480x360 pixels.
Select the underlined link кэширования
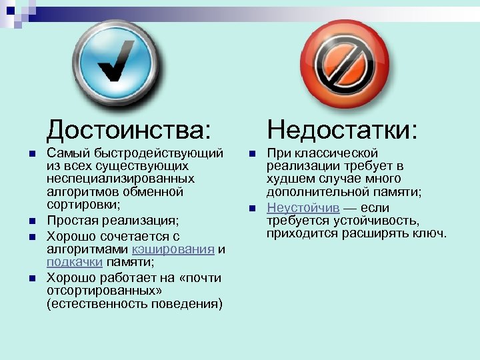pyautogui.click(x=173, y=249)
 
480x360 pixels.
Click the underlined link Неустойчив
pyautogui.click(x=303, y=207)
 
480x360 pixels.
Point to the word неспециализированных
pyautogui.click(x=121, y=179)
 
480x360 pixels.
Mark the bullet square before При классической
pyautogui.click(x=251, y=153)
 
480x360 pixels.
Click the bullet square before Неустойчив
pyautogui.click(x=251, y=208)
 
